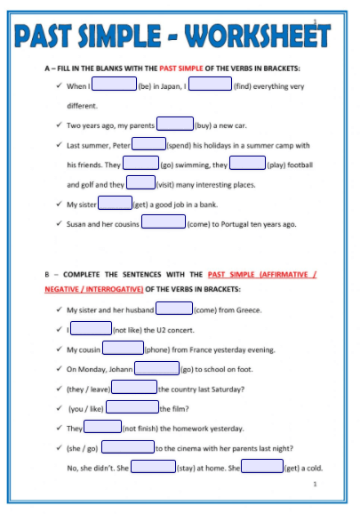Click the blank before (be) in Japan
pyautogui.click(x=114, y=85)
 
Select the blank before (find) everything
pyautogui.click(x=211, y=85)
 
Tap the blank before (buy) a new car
pyautogui.click(x=175, y=124)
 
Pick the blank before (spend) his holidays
pyautogui.click(x=148, y=144)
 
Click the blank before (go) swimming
pyautogui.click(x=140, y=164)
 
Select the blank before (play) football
pyautogui.click(x=248, y=164)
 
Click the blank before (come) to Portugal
pyautogui.click(x=164, y=222)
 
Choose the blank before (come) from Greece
pyautogui.click(x=174, y=309)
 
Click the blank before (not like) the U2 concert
pyautogui.click(x=92, y=329)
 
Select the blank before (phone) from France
pyautogui.click(x=123, y=349)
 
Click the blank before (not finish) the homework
pyautogui.click(x=102, y=427)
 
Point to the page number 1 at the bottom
pyautogui.click(x=316, y=486)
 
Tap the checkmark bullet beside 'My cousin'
pyautogui.click(x=58, y=349)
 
